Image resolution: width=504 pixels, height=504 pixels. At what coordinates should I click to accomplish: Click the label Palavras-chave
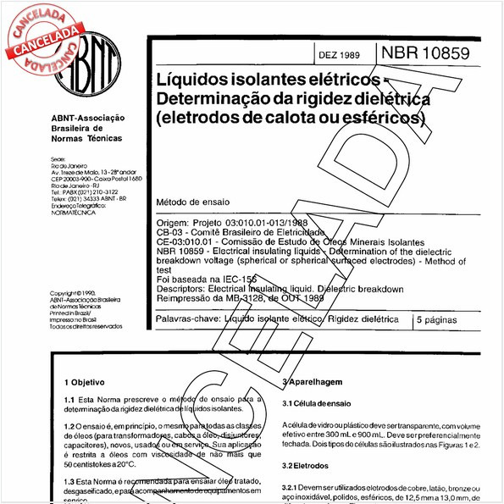tap(187, 319)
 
